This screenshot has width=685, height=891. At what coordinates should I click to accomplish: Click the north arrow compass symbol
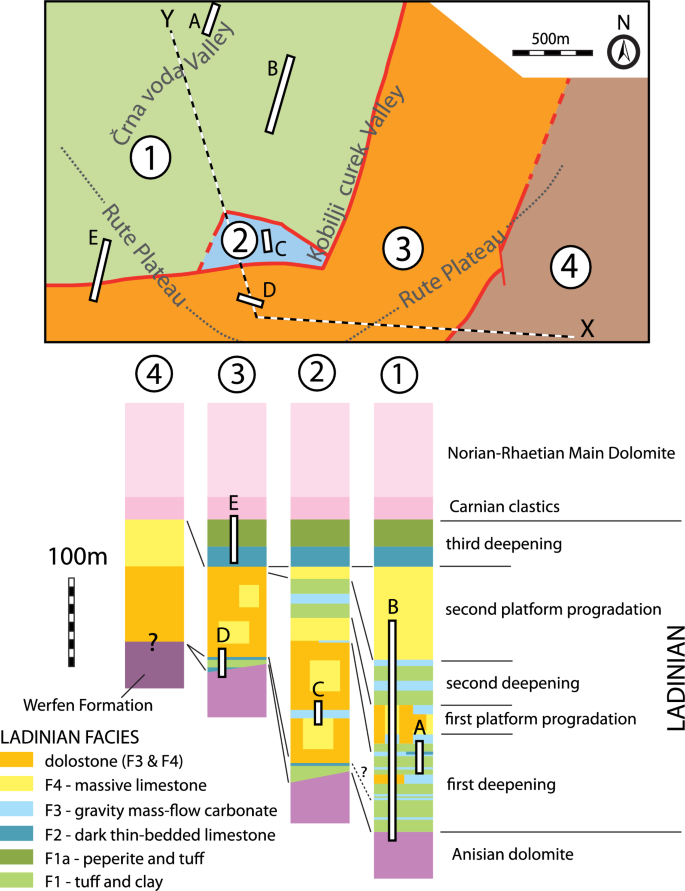pos(626,50)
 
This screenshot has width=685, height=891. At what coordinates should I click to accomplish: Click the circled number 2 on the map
pos(240,239)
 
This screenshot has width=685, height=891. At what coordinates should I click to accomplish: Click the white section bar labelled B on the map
pos(280,95)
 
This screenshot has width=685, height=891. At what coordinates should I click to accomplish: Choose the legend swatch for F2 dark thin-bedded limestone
pos(25,832)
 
